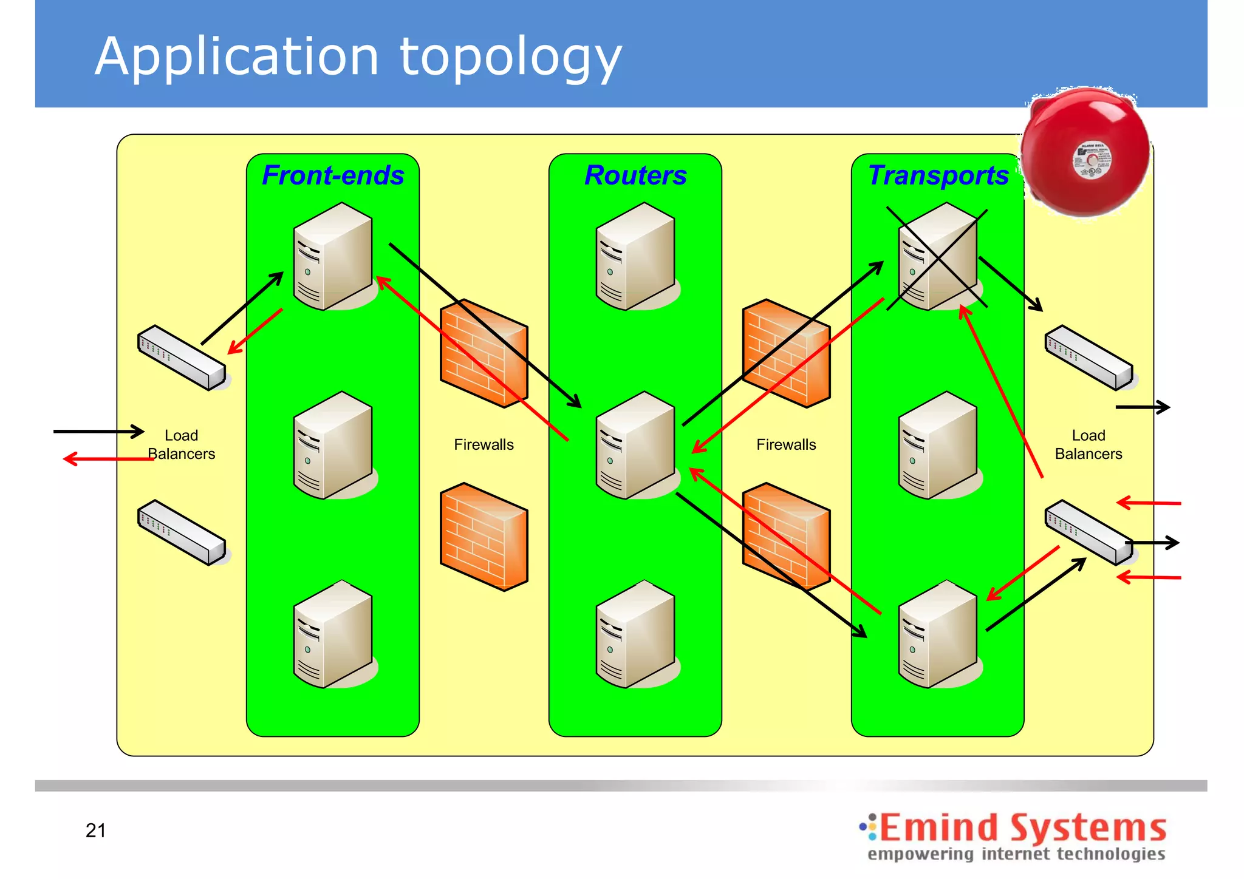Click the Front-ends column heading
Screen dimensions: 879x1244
[x=333, y=175]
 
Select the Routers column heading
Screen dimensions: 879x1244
[x=635, y=175]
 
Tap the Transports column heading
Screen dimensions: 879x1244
[x=938, y=175]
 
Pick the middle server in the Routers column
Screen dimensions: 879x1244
[x=635, y=446]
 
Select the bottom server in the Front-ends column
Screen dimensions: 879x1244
[x=333, y=634]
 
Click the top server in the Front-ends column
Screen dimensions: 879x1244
[x=333, y=257]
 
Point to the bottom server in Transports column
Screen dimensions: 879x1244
[x=938, y=634]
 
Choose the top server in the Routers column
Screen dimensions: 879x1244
[x=635, y=257]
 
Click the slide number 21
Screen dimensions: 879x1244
[x=96, y=830]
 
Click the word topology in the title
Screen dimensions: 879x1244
[x=510, y=58]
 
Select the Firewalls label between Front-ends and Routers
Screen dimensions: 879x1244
[x=484, y=445]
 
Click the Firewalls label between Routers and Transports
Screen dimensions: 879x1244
[x=786, y=445]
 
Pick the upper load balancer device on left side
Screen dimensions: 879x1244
[x=182, y=358]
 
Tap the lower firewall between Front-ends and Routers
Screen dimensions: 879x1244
[x=484, y=537]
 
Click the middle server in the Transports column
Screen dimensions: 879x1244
[x=938, y=446]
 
